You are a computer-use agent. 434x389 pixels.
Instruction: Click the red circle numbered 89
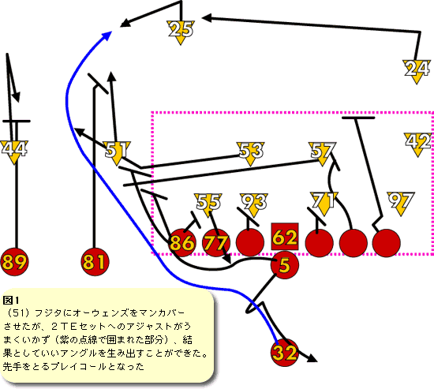15,262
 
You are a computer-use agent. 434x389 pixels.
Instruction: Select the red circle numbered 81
95,262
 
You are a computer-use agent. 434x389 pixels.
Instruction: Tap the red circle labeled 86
181,242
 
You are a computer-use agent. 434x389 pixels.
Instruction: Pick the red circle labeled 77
216,242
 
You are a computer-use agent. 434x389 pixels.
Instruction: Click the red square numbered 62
285,237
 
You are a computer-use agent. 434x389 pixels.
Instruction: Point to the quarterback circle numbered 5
285,265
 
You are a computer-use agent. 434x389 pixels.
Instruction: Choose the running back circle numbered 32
285,353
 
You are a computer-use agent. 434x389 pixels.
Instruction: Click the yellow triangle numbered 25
181,31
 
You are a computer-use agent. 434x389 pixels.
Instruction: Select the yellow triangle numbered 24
417,69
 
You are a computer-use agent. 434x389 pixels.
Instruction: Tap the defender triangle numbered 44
14,151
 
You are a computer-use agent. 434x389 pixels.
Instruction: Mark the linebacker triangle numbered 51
117,151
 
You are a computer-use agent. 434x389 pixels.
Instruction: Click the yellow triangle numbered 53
251,152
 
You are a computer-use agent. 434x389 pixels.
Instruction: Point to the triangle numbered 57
322,152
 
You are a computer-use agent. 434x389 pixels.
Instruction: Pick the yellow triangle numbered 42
417,143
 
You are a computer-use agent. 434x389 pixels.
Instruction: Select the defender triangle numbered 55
208,204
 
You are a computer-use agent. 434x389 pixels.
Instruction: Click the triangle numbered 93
254,204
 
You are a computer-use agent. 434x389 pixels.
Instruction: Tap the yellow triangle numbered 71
324,202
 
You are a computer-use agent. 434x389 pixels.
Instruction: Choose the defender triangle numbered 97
401,202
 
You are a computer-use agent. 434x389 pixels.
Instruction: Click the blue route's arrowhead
107,36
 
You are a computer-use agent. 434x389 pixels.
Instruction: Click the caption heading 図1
11,300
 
